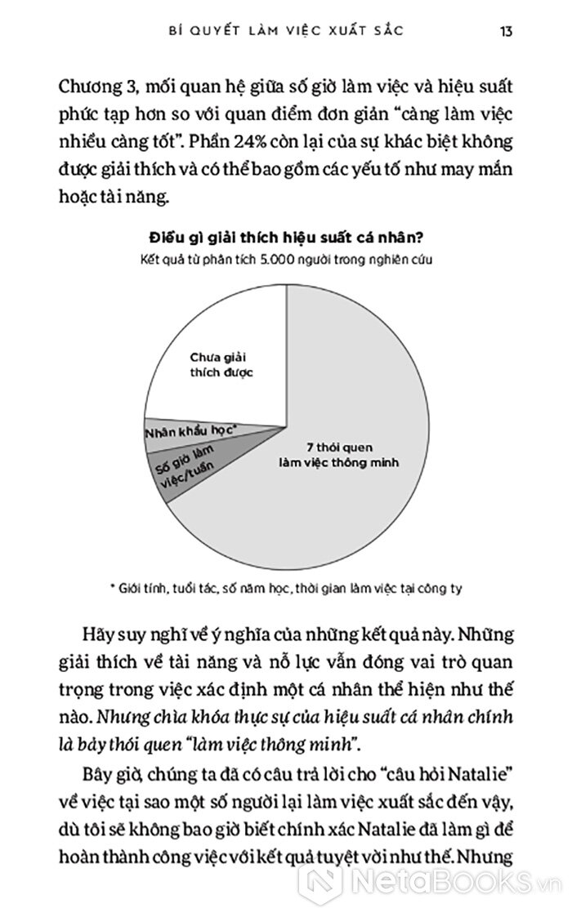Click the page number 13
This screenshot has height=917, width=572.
tap(506, 31)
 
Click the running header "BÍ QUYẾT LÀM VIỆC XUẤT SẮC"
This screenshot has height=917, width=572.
tap(285, 31)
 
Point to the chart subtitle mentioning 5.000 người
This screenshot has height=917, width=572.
tap(285, 260)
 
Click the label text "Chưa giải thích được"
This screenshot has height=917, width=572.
tap(223, 365)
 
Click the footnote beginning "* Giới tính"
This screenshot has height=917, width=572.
tap(285, 587)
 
